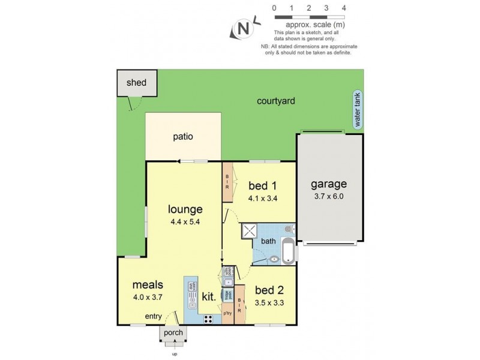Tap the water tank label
coord(358,112)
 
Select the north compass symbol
coord(243,29)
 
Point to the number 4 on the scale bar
coord(344,8)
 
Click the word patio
coord(183,136)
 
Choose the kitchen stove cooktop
coord(209,319)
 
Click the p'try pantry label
coord(227,313)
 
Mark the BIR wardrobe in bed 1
coord(227,180)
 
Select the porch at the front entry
coord(172,334)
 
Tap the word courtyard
coord(275,101)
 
